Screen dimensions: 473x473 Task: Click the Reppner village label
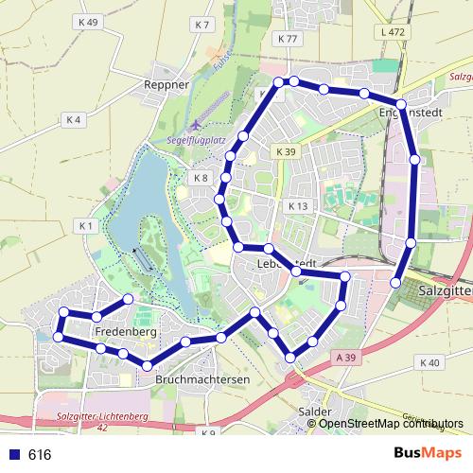click(167, 84)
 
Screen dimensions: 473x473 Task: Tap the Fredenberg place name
click(127, 333)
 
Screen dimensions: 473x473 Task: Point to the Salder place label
click(313, 412)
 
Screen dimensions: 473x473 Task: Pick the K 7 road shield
click(200, 24)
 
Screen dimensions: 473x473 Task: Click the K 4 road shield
click(75, 119)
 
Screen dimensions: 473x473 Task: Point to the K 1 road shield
click(85, 225)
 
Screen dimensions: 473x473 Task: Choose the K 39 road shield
click(287, 151)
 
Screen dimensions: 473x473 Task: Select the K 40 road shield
click(429, 362)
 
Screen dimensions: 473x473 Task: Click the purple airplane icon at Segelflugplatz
click(196, 125)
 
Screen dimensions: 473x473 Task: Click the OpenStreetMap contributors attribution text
click(385, 423)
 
